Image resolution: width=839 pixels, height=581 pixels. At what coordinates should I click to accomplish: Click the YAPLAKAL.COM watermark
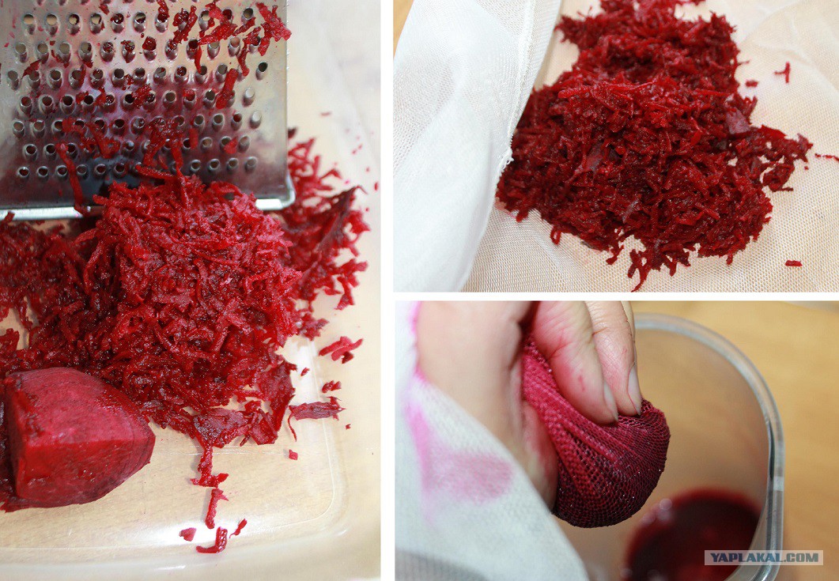point(764,557)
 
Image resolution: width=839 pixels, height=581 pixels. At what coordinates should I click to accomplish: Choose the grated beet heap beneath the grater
point(176,300)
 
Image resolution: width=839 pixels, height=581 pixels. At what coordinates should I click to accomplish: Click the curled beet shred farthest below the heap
point(214,541)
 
